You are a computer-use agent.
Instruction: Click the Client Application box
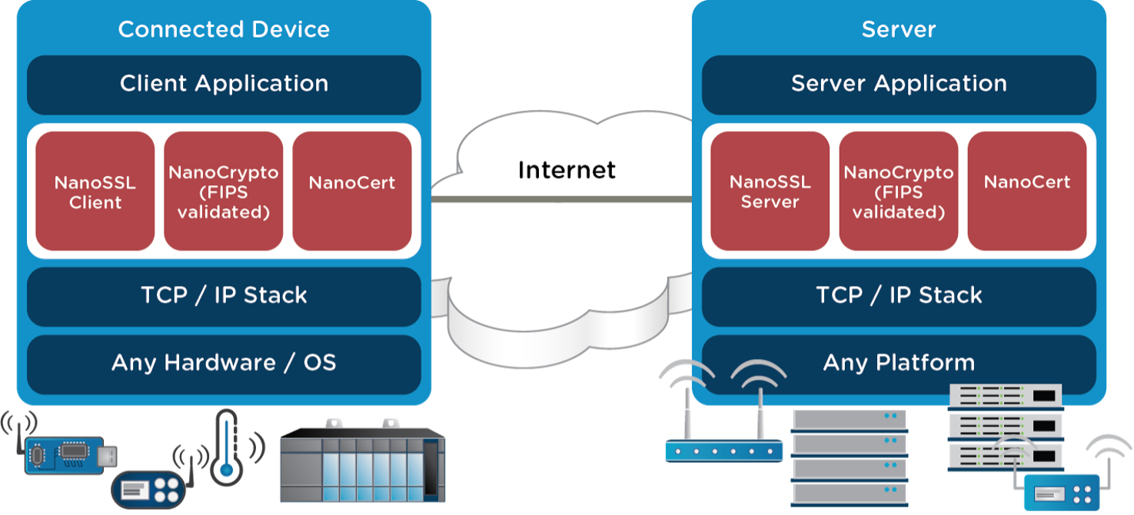coord(224,85)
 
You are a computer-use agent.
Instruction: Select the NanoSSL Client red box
coord(95,191)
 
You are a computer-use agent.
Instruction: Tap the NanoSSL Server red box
coord(770,191)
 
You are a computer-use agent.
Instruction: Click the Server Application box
coord(899,85)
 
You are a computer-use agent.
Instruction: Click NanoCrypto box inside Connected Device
coord(224,191)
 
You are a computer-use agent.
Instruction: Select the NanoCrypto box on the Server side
coord(898,191)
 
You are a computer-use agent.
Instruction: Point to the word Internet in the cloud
coord(567,170)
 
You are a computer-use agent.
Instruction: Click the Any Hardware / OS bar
coord(224,363)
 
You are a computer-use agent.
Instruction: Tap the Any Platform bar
coord(899,363)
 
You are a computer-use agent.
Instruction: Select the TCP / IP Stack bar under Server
coord(899,296)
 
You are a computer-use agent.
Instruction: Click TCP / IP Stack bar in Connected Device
coord(224,296)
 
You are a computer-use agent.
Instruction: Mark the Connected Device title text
coord(224,30)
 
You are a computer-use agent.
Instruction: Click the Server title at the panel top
coord(899,30)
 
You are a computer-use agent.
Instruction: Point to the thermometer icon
coord(225,448)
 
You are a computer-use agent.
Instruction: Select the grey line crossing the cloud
coord(561,199)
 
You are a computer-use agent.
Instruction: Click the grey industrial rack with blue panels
coord(361,462)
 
